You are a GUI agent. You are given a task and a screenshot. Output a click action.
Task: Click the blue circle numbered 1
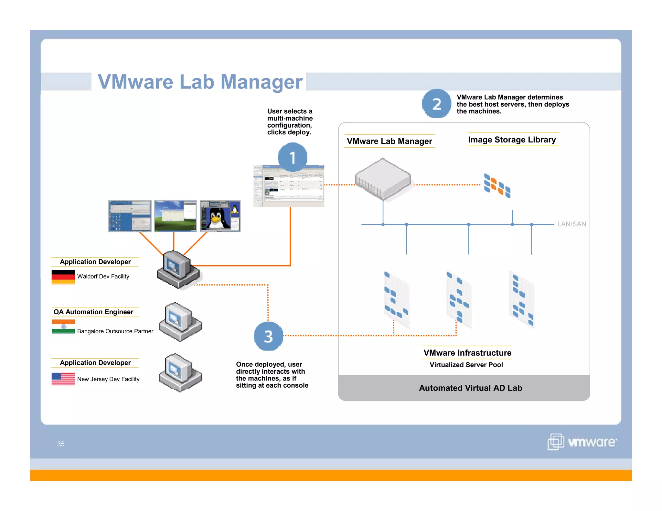click(292, 158)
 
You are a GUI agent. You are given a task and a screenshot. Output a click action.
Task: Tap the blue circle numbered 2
click(436, 104)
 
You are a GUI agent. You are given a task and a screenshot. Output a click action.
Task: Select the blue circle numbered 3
click(268, 336)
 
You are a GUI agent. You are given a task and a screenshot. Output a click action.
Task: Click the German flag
click(63, 277)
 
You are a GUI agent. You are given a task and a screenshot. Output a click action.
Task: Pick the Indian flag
click(63, 327)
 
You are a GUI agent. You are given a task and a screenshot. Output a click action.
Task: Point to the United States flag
click(63, 379)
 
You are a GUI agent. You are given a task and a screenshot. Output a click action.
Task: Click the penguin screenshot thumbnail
click(220, 216)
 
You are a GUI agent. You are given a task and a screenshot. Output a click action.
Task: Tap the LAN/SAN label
click(571, 224)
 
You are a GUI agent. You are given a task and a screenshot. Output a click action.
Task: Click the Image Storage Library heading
click(512, 140)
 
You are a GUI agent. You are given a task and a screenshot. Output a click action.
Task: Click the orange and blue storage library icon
click(497, 186)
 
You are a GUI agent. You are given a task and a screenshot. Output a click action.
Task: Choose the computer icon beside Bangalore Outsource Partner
click(180, 322)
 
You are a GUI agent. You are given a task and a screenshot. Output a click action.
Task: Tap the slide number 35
click(61, 444)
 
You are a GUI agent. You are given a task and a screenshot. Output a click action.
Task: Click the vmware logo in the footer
click(582, 442)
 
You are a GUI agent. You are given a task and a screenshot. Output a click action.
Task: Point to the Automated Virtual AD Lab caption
click(470, 388)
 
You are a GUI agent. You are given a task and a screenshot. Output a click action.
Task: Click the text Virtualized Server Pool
click(466, 365)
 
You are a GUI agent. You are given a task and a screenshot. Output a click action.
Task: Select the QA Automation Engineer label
click(93, 312)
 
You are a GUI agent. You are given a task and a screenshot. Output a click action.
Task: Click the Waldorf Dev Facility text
click(103, 276)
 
